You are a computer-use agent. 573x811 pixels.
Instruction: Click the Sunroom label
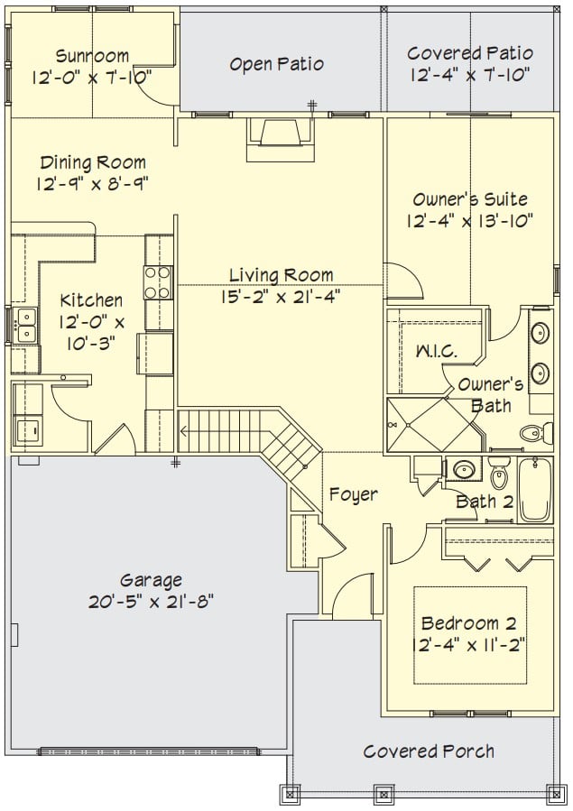tap(92, 55)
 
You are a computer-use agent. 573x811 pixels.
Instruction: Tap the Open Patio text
tap(277, 64)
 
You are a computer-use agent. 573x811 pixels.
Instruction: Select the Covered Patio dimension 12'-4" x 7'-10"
tap(470, 75)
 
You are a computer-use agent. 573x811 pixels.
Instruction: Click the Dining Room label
tap(93, 162)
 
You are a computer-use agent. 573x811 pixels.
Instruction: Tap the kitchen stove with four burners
tap(158, 282)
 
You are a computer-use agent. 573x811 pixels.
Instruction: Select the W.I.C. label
tap(437, 352)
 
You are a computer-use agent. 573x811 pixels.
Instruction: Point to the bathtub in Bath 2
tap(535, 489)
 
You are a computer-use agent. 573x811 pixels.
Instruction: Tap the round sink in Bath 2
tap(464, 470)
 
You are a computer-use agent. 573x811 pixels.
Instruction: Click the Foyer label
tap(354, 494)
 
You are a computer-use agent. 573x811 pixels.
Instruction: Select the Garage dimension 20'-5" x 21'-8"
tap(151, 602)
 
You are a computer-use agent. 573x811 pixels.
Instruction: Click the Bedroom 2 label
tap(469, 623)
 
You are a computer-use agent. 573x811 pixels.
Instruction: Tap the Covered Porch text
tap(429, 751)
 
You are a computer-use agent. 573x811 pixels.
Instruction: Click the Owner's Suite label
tap(470, 199)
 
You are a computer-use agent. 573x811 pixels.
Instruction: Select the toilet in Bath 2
tap(499, 473)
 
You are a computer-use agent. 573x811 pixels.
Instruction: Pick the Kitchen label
tap(91, 300)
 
